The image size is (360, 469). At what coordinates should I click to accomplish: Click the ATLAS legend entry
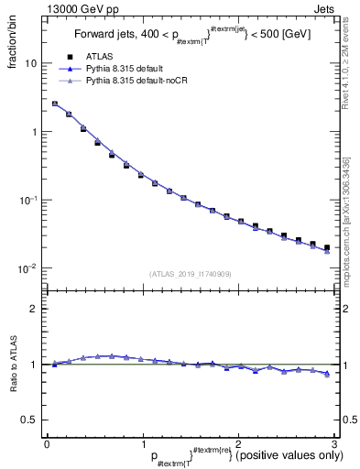pos(98,58)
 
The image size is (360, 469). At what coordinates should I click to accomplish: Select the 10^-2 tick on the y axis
pos(27,268)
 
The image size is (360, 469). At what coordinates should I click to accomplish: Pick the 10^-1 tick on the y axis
pos(27,201)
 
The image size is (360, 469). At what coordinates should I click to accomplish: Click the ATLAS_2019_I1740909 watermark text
pos(190,273)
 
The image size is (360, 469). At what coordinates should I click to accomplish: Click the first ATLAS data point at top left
pos(54,104)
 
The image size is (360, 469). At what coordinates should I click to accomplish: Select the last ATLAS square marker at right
pos(326,247)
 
